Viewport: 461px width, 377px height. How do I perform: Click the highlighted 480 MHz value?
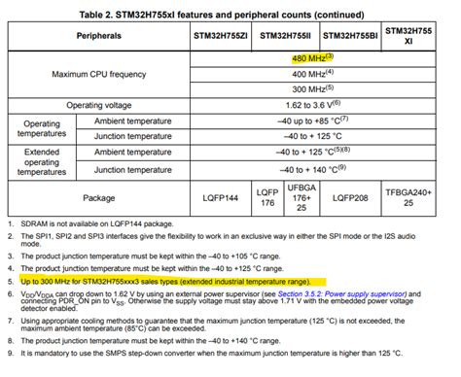click(312, 57)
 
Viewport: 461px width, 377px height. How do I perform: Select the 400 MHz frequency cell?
click(312, 73)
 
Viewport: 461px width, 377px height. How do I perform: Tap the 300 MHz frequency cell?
click(312, 88)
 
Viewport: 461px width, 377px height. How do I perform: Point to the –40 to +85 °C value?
click(312, 120)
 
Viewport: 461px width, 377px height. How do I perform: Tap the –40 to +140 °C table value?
click(312, 168)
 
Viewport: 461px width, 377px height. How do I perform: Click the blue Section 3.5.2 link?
click(366, 291)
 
